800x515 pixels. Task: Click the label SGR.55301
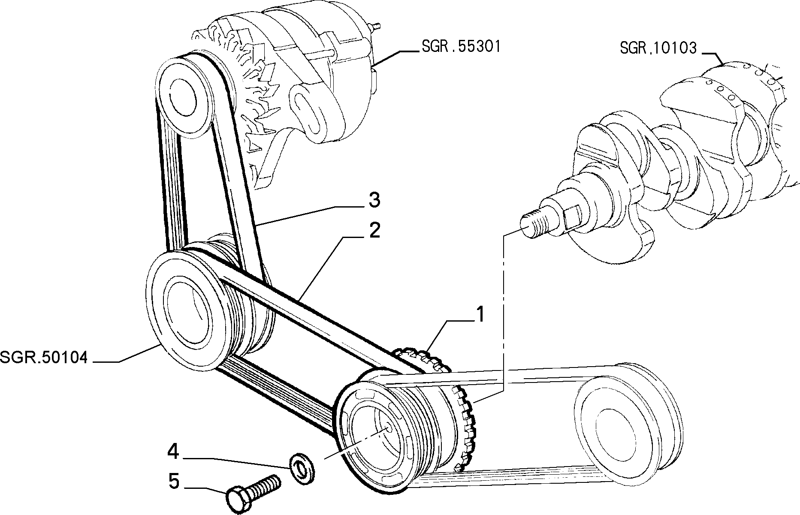click(461, 46)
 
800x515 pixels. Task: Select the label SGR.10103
click(658, 48)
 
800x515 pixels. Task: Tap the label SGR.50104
click(44, 358)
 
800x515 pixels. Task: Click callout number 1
click(480, 315)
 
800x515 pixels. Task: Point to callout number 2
click(374, 231)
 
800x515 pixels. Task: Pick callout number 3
click(374, 200)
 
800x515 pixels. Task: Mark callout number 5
click(173, 481)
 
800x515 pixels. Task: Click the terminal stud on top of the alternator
click(376, 27)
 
